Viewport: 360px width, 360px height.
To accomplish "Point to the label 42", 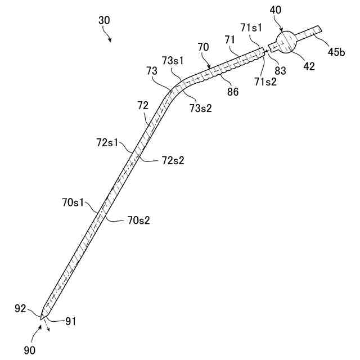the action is (x=308, y=66).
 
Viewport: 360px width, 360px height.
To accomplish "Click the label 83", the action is (x=280, y=71).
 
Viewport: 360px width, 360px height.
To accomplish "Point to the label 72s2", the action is (x=173, y=161).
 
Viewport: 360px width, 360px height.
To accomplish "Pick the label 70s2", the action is (x=138, y=220).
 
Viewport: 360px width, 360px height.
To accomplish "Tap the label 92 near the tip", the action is (x=21, y=308).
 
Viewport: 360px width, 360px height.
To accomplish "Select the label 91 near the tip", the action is (x=70, y=321).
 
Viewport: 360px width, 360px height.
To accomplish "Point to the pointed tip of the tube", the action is (x=42, y=319).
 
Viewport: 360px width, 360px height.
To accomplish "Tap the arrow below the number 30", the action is (x=109, y=38).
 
